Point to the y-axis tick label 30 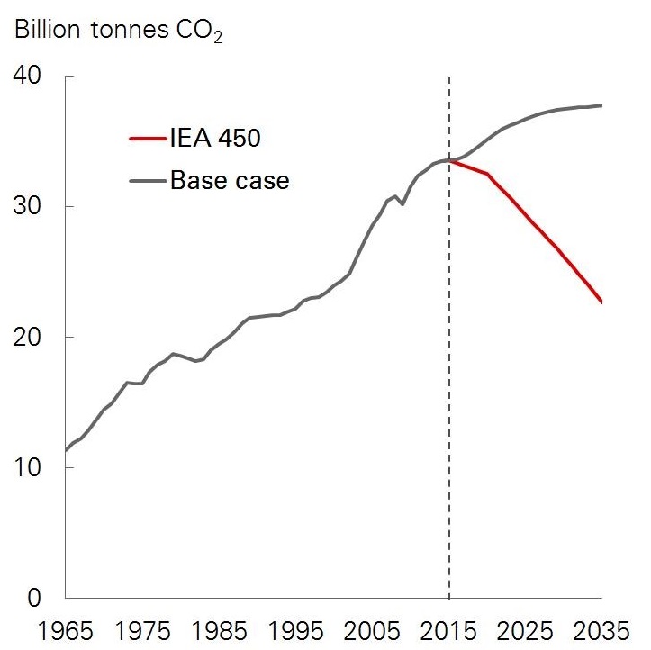click(30, 206)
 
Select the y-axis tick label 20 click(30, 337)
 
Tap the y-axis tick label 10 click(30, 467)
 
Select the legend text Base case click(230, 180)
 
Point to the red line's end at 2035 click(601, 302)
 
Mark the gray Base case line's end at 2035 click(601, 105)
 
